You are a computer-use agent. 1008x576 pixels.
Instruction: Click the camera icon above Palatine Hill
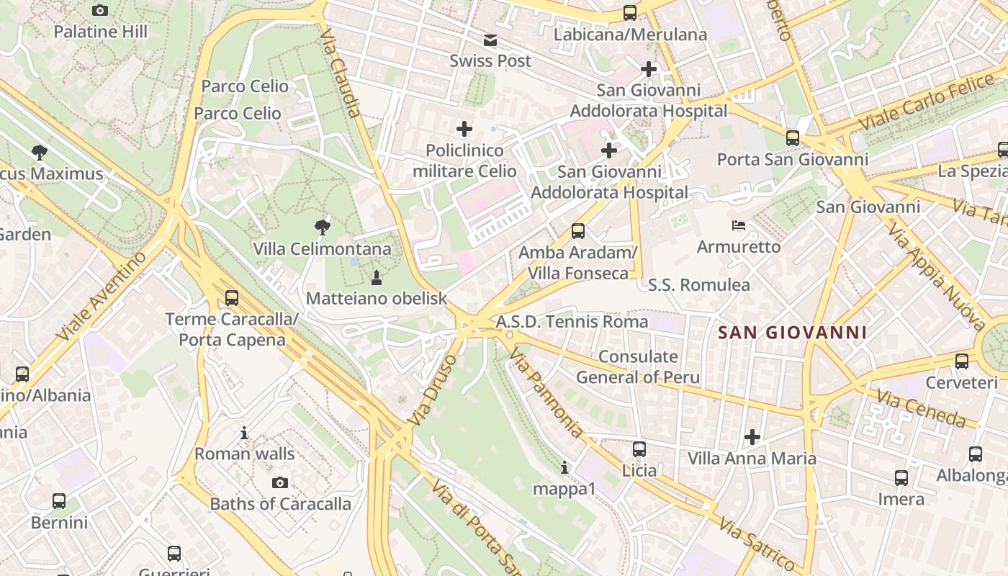point(100,10)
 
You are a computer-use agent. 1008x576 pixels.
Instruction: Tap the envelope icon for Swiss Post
point(490,40)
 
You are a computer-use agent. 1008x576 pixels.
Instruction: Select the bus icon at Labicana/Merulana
point(630,12)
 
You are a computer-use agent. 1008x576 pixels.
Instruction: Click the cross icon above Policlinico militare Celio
point(464,129)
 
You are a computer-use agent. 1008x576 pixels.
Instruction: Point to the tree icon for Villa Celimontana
point(323,228)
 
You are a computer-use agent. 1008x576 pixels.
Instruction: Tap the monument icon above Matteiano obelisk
point(376,277)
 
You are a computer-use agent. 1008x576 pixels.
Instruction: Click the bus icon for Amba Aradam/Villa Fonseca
point(577,231)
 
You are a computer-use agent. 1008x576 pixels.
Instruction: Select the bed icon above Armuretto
point(738,225)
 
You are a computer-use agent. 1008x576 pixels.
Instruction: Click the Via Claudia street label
point(340,73)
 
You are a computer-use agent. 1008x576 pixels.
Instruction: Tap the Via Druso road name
point(432,389)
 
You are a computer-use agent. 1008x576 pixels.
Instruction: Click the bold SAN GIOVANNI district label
point(792,333)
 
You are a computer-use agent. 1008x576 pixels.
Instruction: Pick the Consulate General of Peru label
point(638,366)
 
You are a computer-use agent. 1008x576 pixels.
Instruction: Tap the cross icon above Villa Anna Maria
point(752,437)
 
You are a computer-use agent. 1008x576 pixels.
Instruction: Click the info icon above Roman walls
point(244,433)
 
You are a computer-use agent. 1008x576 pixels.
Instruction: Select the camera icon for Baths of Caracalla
point(280,482)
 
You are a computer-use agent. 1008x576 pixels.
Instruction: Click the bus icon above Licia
point(639,449)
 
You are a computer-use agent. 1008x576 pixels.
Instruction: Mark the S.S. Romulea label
point(698,285)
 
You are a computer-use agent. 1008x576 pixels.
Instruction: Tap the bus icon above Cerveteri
point(962,361)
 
